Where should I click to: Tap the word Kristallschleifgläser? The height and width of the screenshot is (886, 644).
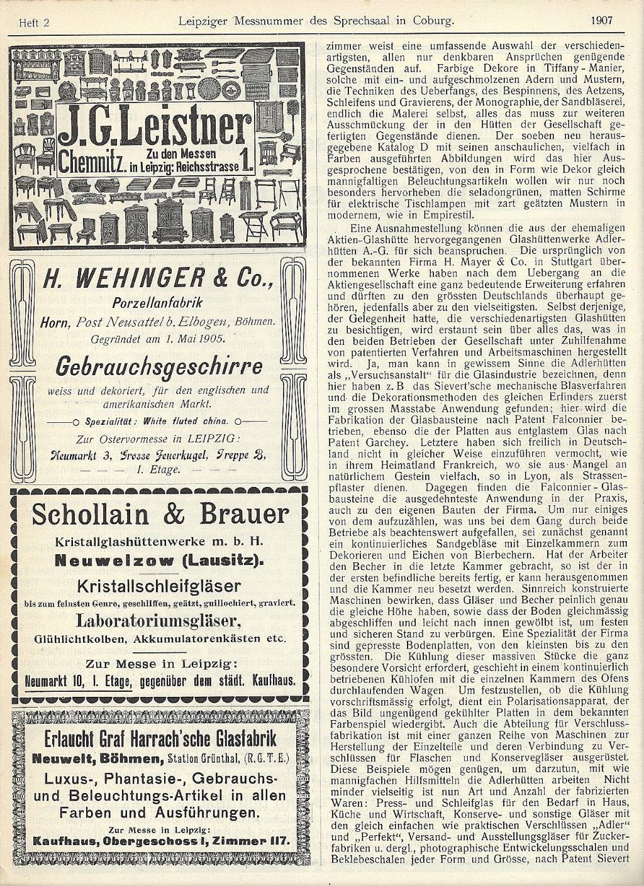pyautogui.click(x=159, y=586)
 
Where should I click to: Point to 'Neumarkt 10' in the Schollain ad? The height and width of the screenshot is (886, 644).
pyautogui.click(x=54, y=680)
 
